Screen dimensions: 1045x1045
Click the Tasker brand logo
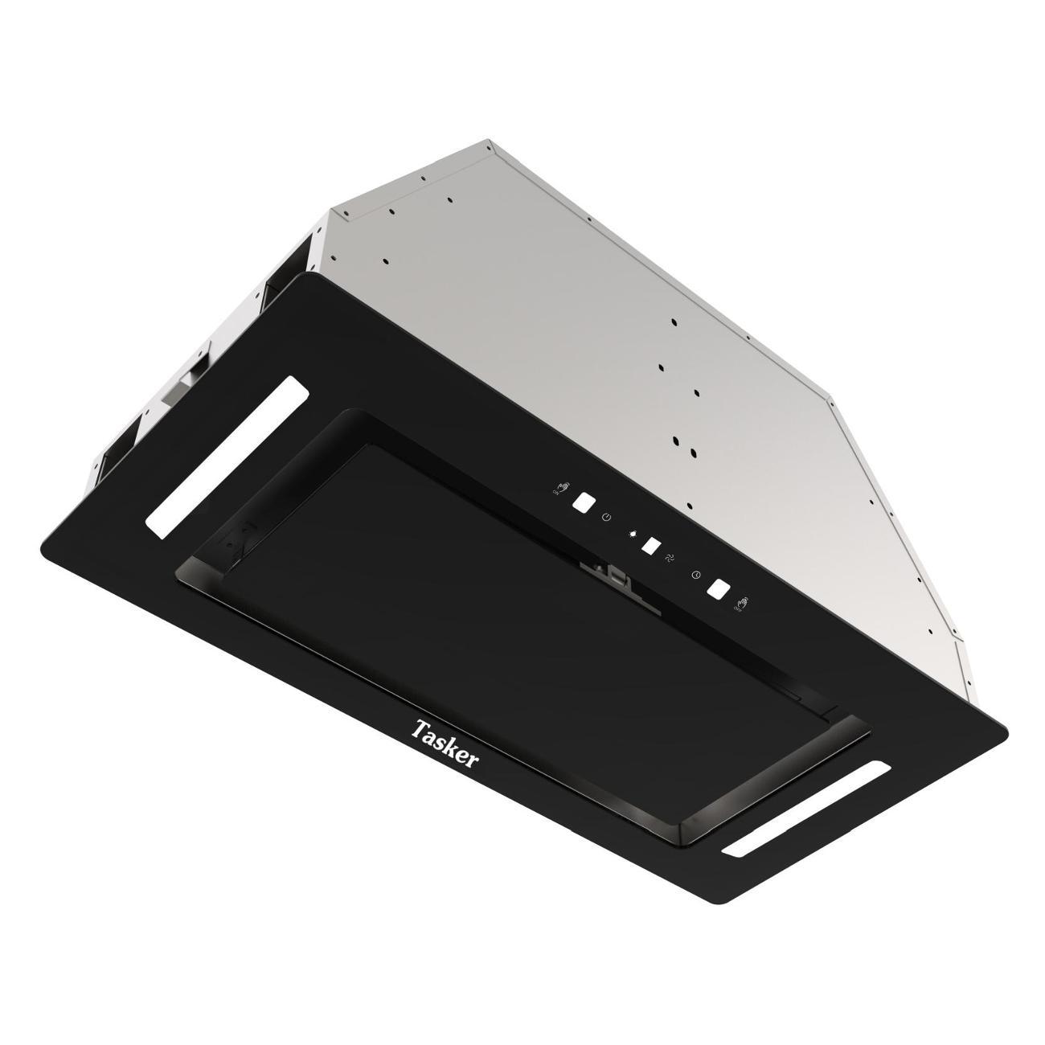[x=444, y=743]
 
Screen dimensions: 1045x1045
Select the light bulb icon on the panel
[x=634, y=533]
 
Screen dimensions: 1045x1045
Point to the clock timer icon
[x=696, y=574]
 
